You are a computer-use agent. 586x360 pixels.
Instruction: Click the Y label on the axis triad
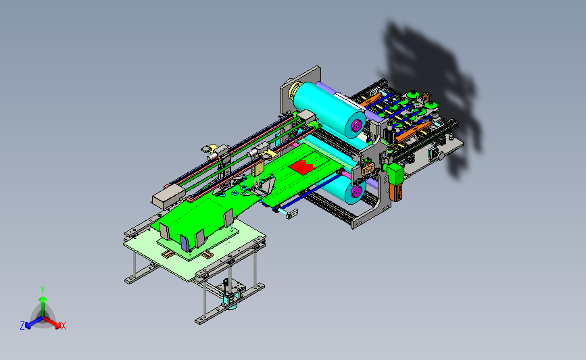(43, 290)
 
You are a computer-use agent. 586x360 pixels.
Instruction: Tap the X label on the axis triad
(63, 326)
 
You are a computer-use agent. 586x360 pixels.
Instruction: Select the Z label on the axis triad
(22, 326)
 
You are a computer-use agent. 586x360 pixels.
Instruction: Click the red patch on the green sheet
(301, 167)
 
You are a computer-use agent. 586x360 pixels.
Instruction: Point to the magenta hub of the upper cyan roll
(356, 126)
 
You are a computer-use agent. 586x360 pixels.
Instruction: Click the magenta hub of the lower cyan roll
(356, 192)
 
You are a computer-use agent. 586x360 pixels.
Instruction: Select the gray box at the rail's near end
(168, 197)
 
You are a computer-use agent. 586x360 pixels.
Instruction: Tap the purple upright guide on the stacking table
(185, 242)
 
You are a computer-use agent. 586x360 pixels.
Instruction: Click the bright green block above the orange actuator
(395, 174)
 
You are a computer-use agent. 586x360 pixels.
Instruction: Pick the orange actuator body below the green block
(396, 192)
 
